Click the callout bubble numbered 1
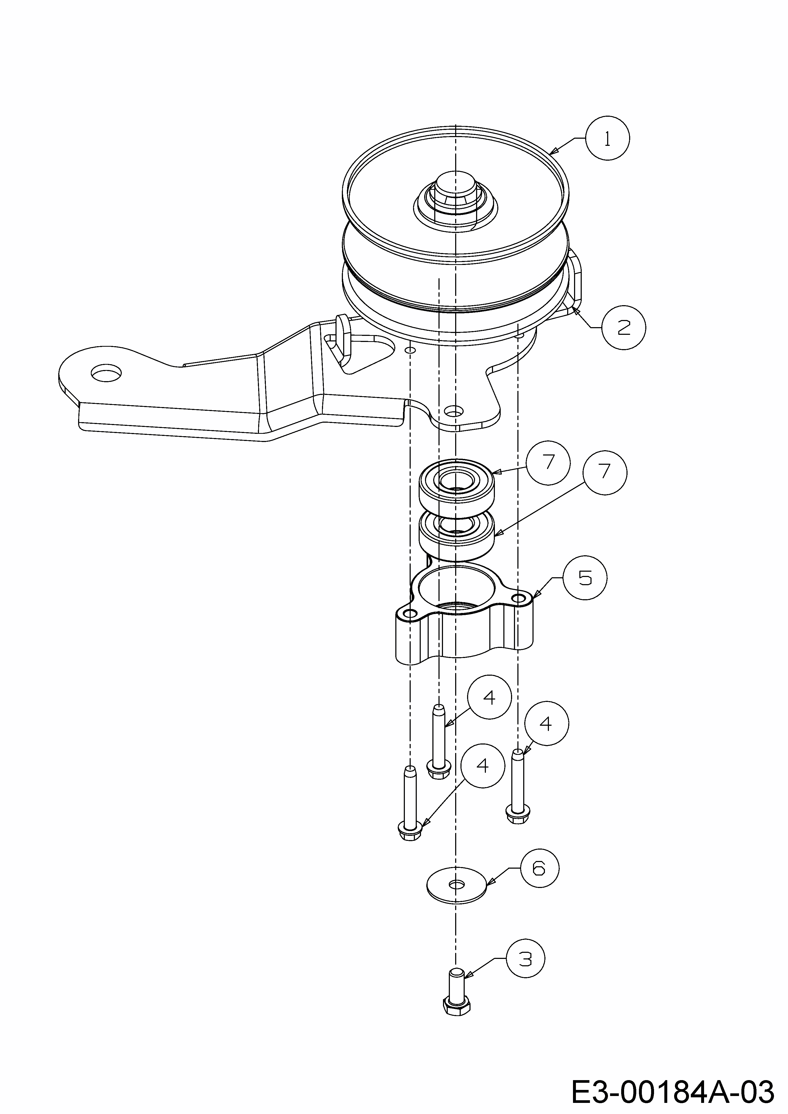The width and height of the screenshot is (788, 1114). tap(607, 138)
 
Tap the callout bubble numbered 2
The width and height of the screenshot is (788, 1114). tap(623, 327)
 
